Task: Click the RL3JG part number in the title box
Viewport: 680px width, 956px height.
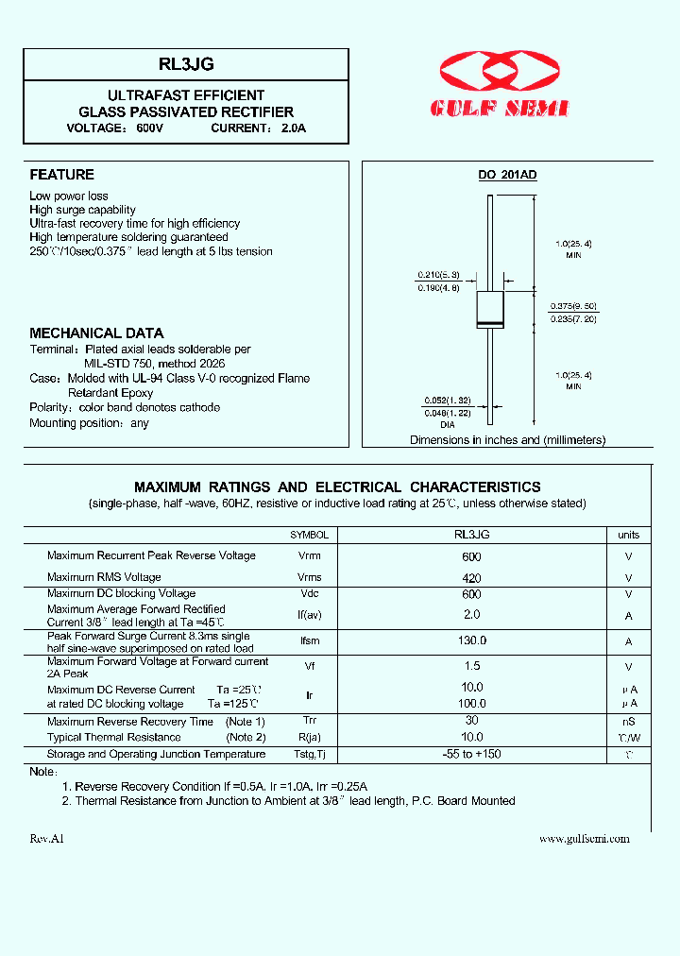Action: tap(186, 64)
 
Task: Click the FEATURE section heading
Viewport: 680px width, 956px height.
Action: tap(62, 175)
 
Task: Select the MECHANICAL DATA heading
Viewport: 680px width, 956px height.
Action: tap(96, 333)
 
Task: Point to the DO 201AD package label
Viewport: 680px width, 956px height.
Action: tap(507, 175)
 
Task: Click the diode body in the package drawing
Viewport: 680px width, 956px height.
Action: tap(488, 311)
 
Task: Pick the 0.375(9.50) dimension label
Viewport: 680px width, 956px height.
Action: tap(573, 306)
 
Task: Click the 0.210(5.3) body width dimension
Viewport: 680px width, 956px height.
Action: tap(438, 275)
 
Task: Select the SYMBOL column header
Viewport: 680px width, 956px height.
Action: tap(310, 535)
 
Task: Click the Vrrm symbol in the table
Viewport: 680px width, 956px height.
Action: tap(310, 555)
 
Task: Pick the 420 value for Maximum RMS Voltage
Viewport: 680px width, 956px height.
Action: tap(472, 578)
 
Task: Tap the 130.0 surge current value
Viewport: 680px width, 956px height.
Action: tap(472, 641)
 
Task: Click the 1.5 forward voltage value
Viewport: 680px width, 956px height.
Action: tap(472, 666)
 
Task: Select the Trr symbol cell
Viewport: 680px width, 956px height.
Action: tap(310, 721)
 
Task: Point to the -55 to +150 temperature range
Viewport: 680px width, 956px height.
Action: tap(472, 755)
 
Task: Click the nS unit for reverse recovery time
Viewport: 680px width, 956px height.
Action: tap(628, 722)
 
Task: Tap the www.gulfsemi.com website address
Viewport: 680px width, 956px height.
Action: tap(584, 839)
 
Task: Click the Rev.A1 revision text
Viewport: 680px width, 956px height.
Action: tap(46, 839)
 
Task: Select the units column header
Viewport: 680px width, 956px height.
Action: tap(628, 535)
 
